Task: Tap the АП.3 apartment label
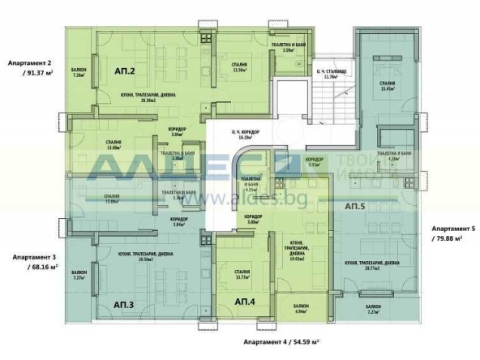(123, 305)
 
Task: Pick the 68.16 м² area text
(37, 265)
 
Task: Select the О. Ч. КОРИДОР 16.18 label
(245, 135)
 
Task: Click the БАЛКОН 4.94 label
(300, 308)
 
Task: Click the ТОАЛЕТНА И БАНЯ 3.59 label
(287, 48)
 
